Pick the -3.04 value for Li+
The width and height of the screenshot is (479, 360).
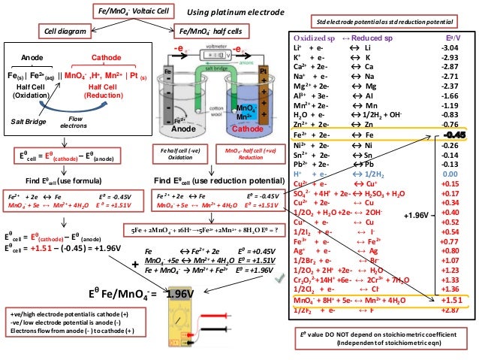(x=450, y=47)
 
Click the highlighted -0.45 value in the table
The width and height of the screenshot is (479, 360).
(x=450, y=134)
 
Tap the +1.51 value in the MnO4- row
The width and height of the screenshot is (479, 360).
(x=451, y=299)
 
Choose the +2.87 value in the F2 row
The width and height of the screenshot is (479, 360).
(x=450, y=309)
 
